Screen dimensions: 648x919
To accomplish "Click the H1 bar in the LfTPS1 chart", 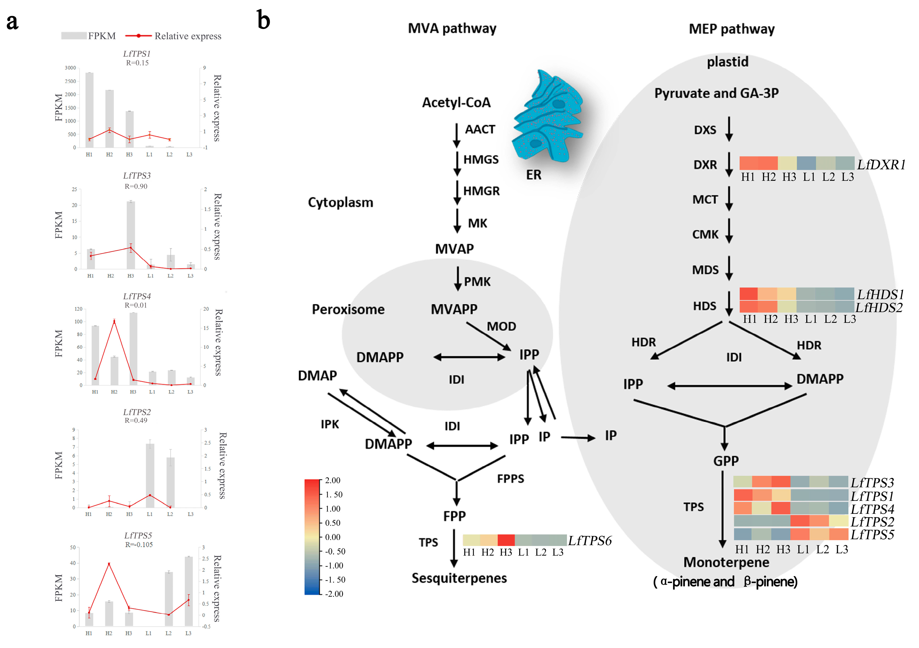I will [x=89, y=110].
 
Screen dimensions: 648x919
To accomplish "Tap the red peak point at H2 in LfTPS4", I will [x=114, y=321].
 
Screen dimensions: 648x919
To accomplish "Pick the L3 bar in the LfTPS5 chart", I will [x=188, y=591].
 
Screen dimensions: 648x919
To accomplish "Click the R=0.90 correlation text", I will [x=136, y=186].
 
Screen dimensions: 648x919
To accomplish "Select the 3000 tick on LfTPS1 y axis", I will [x=71, y=68].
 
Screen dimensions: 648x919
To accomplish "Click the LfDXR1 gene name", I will [x=881, y=165].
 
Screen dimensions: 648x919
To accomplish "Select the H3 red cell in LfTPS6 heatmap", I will [x=506, y=540].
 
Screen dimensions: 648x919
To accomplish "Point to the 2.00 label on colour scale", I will [x=333, y=480].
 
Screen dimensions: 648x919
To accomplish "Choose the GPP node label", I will [x=725, y=461].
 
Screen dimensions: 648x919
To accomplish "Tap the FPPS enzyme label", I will [x=510, y=479].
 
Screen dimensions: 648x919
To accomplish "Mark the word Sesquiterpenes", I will [x=459, y=578].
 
